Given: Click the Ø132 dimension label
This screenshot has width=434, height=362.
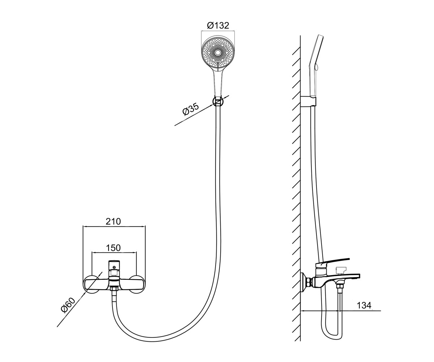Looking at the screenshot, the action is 218,25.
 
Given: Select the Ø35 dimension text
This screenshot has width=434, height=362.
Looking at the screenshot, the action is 191,109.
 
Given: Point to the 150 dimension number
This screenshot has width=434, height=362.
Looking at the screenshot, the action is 113,248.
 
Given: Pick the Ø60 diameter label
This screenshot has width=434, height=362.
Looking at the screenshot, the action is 68,305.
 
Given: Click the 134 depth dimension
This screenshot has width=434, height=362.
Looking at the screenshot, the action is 364,306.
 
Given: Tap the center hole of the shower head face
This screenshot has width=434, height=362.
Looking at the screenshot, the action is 218,53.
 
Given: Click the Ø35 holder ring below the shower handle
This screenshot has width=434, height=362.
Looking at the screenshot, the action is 218,101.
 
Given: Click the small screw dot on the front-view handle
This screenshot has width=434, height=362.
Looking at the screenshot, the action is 114,267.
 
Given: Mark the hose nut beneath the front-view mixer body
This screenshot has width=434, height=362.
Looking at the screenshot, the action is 114,289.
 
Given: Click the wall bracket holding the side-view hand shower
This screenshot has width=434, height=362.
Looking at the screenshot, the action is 308,101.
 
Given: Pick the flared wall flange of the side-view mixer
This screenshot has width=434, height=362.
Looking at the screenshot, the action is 303,282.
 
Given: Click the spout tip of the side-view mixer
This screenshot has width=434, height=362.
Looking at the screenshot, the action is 358,276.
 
